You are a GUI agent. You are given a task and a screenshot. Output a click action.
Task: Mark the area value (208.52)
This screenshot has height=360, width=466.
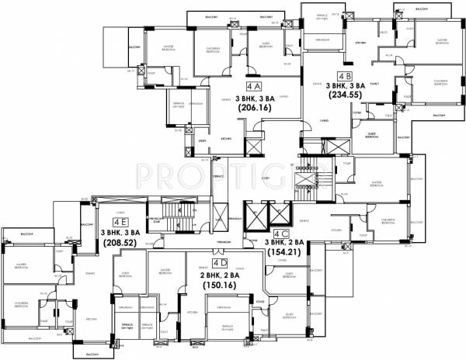tap(116, 242)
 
